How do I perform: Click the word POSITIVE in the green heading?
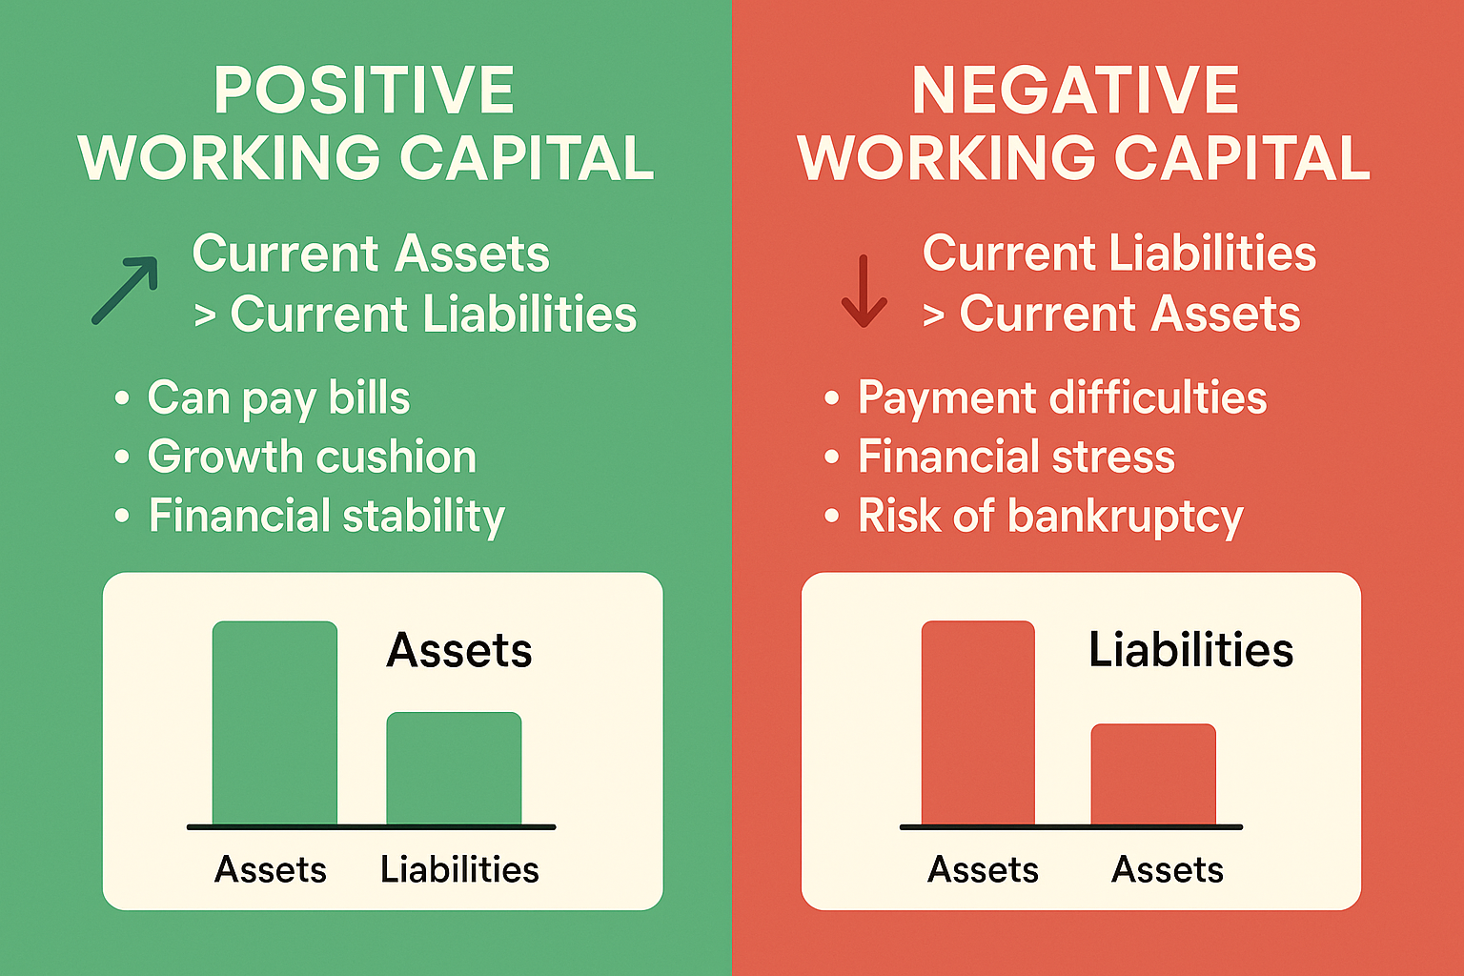(x=364, y=91)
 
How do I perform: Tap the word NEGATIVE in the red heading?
(x=1075, y=91)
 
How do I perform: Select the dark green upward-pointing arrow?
(x=126, y=290)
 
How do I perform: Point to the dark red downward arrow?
(x=864, y=292)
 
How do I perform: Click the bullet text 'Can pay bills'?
(x=278, y=398)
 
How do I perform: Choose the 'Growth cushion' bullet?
(x=312, y=457)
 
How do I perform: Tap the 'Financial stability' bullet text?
(x=326, y=517)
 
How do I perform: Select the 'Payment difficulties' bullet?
(x=1062, y=398)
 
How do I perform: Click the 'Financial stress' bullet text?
(x=1016, y=457)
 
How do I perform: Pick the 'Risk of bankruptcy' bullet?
(x=1050, y=517)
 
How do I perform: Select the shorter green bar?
(x=454, y=768)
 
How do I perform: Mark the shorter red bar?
(x=1153, y=774)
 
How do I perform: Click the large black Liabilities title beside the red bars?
(x=1190, y=650)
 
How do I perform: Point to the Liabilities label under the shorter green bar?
(x=459, y=869)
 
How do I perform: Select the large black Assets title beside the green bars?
(x=459, y=650)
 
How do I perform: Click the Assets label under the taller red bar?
(x=983, y=869)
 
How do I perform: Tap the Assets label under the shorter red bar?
(x=1168, y=869)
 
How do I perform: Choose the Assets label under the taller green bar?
(x=271, y=869)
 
